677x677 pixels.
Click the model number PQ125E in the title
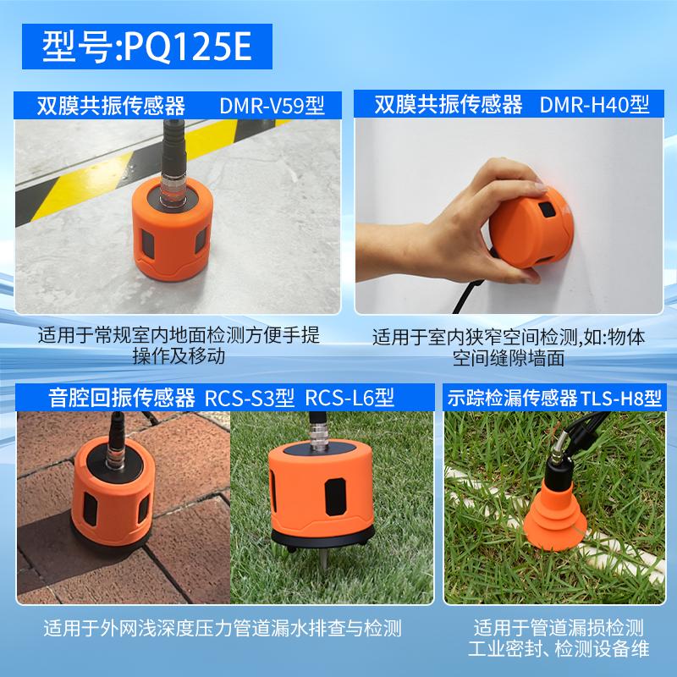coord(187,47)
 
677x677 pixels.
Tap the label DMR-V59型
coord(272,105)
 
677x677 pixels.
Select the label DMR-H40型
coord(595,104)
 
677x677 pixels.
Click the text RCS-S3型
coord(250,398)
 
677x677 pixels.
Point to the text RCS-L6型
coord(350,398)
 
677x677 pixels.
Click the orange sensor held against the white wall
coord(531,228)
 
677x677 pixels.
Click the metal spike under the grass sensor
coord(322,558)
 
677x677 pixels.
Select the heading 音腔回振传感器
coord(122,398)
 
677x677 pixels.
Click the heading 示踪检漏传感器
coord(512,398)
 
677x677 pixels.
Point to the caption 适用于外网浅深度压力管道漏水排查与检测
coord(223,628)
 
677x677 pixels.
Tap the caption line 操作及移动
coord(179,356)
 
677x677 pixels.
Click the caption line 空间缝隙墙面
coord(509,358)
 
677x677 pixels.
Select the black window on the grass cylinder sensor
coord(335,497)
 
